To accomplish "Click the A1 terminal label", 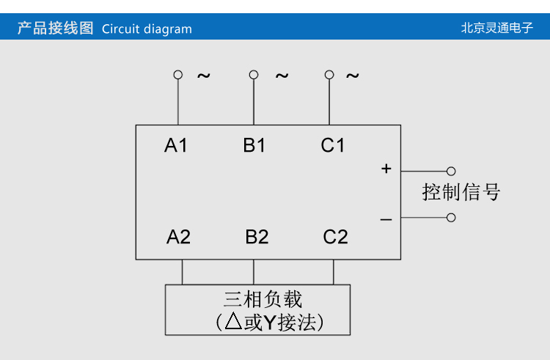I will [176, 145].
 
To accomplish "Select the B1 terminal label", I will [254, 145].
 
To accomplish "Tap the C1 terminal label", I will [333, 145].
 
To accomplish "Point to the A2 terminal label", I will [178, 237].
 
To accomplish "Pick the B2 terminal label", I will [257, 237].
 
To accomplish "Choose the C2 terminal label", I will [335, 237].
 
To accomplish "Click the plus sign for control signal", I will [386, 169].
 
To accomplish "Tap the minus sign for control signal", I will [386, 219].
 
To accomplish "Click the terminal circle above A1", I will [177, 75].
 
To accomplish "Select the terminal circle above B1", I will [254, 75].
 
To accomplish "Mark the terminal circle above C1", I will [329, 75].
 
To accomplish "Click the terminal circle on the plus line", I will [451, 171].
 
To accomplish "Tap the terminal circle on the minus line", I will [451, 217].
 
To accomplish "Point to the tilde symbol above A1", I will [203, 76].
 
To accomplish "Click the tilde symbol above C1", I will [353, 76].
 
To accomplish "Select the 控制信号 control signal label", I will [461, 192].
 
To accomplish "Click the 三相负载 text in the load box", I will [263, 299].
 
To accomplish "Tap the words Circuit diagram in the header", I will [147, 29].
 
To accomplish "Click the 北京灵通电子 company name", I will [496, 29].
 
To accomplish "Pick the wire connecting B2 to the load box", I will [254, 272].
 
